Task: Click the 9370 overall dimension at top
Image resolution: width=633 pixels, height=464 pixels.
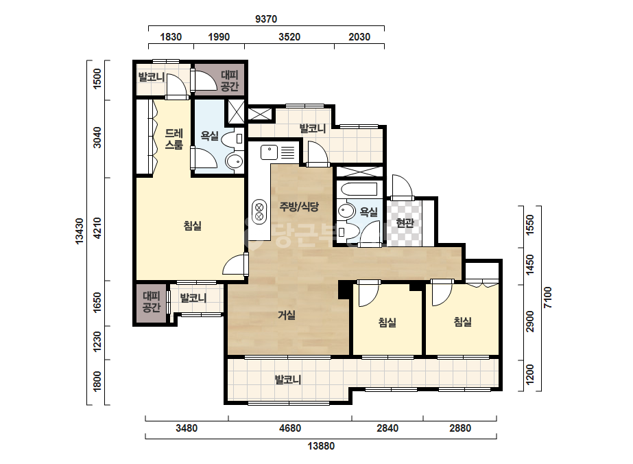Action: (x=266, y=19)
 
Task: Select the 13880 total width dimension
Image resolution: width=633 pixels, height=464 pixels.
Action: (x=321, y=446)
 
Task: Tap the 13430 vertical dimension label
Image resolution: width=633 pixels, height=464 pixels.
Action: (x=79, y=231)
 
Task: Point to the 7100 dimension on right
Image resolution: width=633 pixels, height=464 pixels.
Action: (x=547, y=297)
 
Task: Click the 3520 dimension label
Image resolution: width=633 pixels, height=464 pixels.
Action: (x=289, y=37)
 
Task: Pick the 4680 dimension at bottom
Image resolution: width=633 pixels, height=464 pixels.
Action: (x=290, y=428)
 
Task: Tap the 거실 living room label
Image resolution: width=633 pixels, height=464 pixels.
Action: (x=286, y=315)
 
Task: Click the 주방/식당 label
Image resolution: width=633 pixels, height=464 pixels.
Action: (x=299, y=206)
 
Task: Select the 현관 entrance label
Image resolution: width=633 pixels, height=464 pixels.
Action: (x=405, y=222)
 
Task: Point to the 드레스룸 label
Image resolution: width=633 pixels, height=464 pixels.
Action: (x=174, y=139)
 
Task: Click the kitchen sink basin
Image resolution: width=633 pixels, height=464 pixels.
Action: (x=270, y=152)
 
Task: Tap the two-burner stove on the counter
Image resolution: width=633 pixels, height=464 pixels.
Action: (x=259, y=212)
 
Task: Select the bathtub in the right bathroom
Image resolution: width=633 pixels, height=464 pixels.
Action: (x=359, y=189)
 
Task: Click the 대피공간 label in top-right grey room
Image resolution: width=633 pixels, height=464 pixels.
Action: (x=230, y=80)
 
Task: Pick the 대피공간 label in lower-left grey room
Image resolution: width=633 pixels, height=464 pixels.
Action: (x=152, y=302)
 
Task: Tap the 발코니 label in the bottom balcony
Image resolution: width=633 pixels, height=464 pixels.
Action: (x=288, y=380)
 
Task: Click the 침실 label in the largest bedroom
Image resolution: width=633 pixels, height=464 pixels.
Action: (x=193, y=226)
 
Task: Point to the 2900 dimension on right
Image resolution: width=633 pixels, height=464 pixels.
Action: (x=529, y=321)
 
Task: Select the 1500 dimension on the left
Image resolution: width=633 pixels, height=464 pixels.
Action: (x=97, y=79)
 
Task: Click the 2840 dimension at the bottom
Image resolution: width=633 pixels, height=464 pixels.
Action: (x=387, y=428)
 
